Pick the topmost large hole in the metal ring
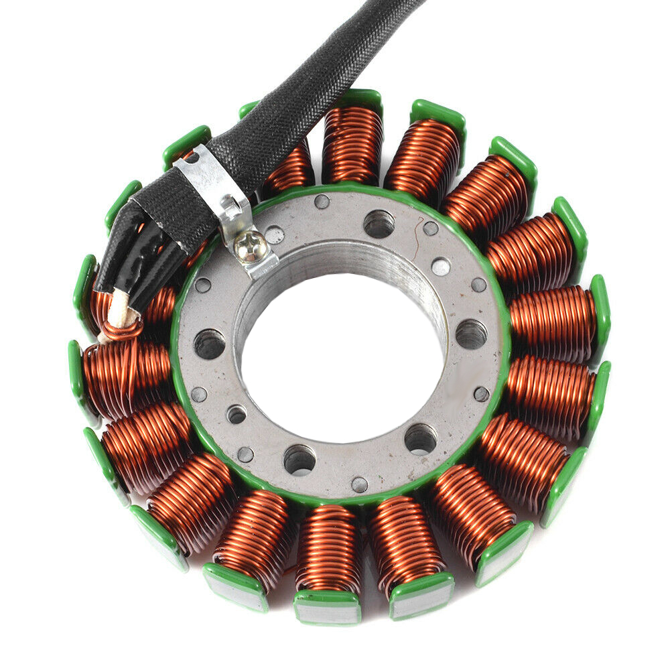point(379,223)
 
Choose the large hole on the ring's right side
point(471,333)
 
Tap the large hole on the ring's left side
point(209,343)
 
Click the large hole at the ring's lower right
point(420,438)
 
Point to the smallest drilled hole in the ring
point(237,415)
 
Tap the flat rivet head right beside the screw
point(274,234)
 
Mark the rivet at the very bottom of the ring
point(360,484)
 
